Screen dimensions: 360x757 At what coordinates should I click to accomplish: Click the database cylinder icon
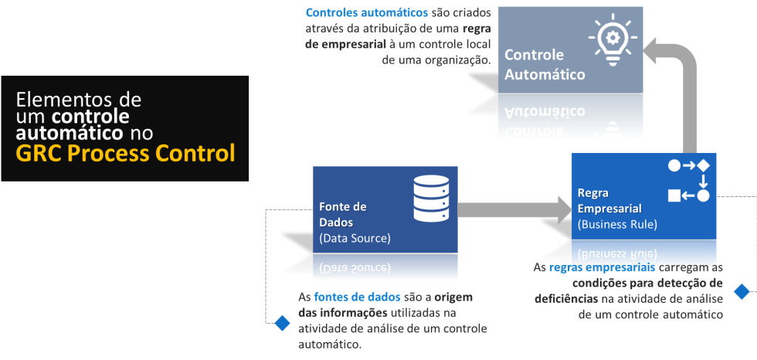pos(431,198)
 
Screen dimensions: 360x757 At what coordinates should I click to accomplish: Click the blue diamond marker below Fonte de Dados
pos(282,323)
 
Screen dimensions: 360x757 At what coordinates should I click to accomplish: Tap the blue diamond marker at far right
pos(742,291)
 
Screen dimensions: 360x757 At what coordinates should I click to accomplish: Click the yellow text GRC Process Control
pos(125,153)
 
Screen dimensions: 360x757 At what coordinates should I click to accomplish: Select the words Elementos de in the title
pos(79,100)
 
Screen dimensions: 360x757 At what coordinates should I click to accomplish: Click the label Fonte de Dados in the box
pos(343,214)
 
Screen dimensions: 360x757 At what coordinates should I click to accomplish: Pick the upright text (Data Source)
pos(355,237)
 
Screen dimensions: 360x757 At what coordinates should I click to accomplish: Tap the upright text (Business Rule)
pos(617,225)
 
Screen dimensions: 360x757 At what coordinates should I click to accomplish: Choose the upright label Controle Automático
pos(545,65)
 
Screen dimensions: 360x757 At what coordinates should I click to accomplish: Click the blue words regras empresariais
pos(603,267)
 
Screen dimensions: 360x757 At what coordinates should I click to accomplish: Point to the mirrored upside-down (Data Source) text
pos(355,268)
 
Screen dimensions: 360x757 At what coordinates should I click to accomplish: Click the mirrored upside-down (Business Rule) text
pos(617,253)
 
